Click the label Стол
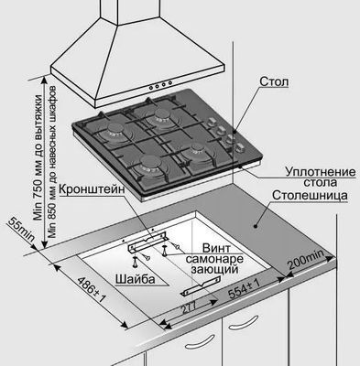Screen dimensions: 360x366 coord(274,81)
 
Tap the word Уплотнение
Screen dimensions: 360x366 coord(321,172)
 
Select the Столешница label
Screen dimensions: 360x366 coord(310,195)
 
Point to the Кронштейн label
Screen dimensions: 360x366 coord(92,189)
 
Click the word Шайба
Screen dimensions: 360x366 coord(136,279)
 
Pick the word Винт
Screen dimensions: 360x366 coord(216,247)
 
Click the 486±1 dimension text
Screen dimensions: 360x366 coord(91,290)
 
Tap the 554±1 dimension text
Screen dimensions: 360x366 coord(245,289)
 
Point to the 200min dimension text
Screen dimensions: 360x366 coord(306,260)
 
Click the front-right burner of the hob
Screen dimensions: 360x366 coord(195,149)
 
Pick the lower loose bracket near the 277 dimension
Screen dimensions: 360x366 coord(201,286)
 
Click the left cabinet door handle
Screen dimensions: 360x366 coord(200,340)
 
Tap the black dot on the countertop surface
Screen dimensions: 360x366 coord(255,226)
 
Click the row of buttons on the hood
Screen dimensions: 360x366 coord(160,85)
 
